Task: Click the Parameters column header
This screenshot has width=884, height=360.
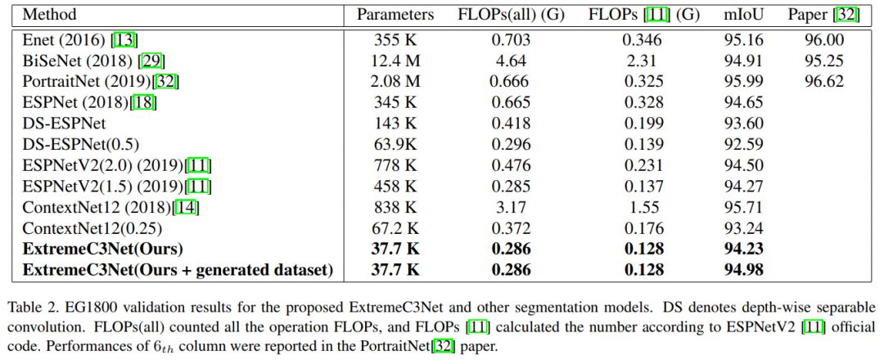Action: click(x=395, y=14)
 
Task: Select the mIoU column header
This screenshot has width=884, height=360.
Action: click(x=742, y=14)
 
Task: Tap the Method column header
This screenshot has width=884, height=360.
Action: click(x=51, y=14)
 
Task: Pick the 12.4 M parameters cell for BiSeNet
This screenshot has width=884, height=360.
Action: click(x=395, y=60)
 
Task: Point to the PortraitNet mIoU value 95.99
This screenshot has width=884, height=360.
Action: click(x=742, y=81)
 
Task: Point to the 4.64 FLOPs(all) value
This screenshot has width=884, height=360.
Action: click(x=510, y=60)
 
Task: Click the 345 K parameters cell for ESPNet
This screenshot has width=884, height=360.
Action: click(x=395, y=102)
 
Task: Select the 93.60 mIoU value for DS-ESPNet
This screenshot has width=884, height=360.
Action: click(x=742, y=123)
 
